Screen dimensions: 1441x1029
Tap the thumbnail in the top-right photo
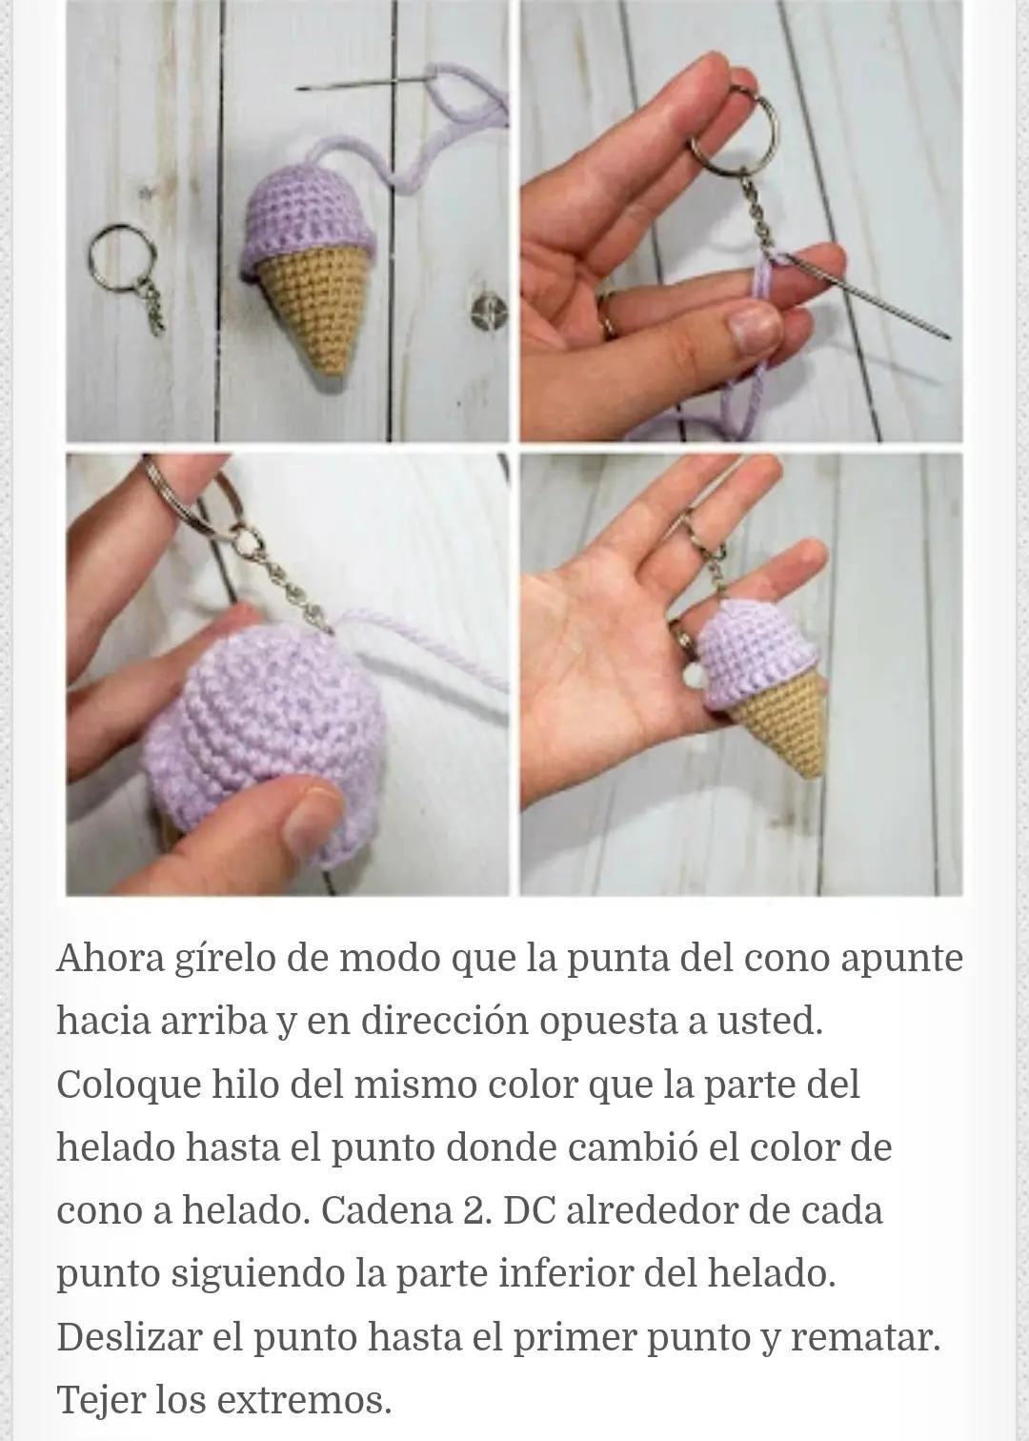tap(752, 330)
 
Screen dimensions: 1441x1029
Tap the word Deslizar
tap(128, 1338)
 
